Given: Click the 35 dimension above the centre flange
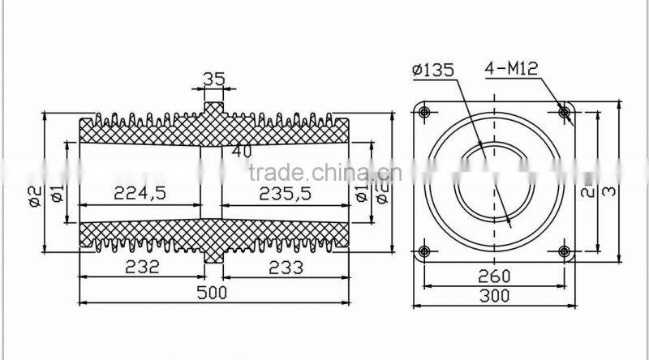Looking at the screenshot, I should [213, 79].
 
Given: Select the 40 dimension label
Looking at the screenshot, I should [241, 150].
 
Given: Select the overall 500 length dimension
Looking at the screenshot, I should [214, 291].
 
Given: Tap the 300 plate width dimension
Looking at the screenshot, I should [494, 297].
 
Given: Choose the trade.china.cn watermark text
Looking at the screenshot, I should [321, 173].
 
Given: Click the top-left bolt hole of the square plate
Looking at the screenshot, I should [424, 112].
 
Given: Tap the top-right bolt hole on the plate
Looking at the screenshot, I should [565, 112].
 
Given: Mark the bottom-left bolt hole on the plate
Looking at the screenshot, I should [424, 251].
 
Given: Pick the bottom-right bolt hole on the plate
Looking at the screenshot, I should [565, 251].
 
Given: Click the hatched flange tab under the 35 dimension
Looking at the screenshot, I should [213, 109].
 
